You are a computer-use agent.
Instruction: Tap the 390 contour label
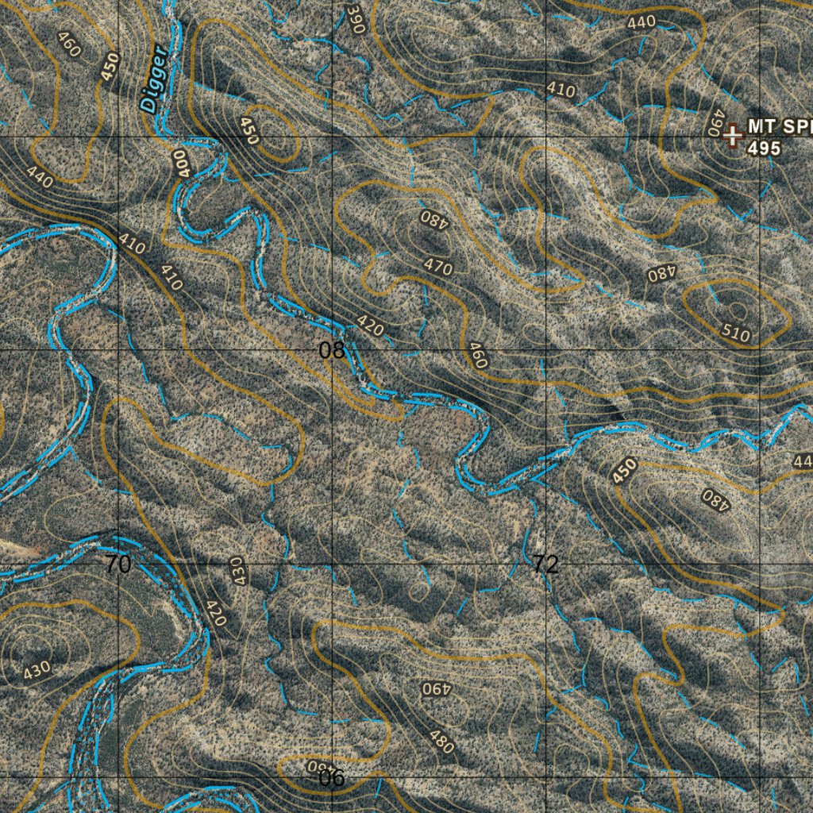355,17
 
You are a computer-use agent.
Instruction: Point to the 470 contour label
438,266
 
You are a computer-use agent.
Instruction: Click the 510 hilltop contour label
737,334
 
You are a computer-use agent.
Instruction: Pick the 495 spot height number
764,148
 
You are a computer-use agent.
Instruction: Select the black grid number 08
332,350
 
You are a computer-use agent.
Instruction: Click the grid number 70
118,564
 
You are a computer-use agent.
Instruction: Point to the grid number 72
545,564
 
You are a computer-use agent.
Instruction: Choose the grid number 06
332,779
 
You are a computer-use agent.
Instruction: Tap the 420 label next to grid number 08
370,326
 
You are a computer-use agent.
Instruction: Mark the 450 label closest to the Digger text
110,66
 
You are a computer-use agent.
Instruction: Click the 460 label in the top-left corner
70,44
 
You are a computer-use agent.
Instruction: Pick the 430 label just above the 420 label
236,571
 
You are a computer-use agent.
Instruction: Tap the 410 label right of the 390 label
561,91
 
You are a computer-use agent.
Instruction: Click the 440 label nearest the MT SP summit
642,22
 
